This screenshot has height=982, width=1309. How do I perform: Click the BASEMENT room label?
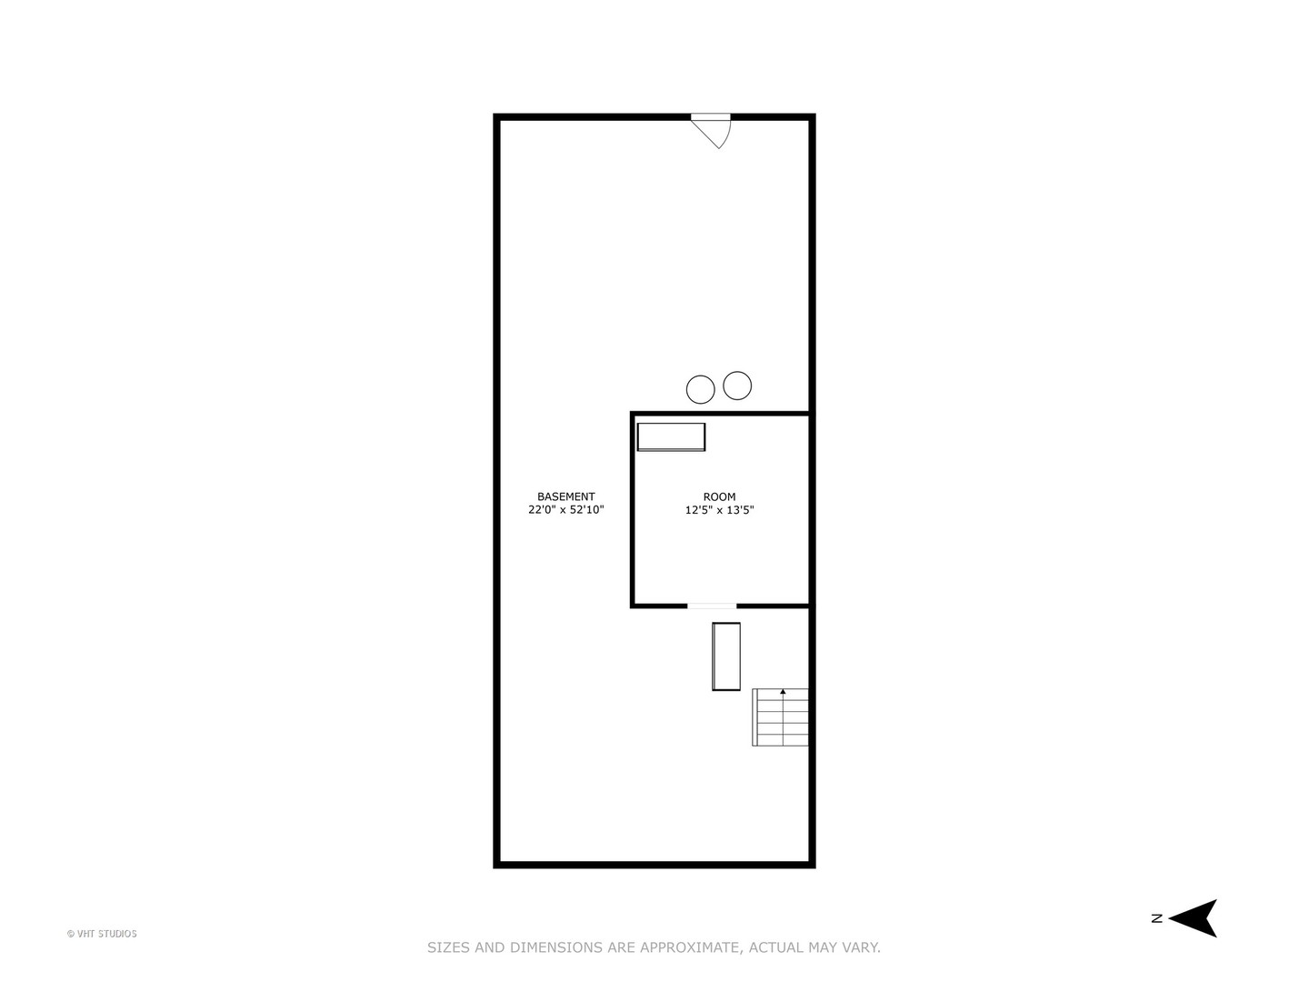click(x=565, y=496)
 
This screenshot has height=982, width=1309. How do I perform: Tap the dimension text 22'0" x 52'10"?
click(x=566, y=510)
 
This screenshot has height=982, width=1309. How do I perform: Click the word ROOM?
click(x=719, y=496)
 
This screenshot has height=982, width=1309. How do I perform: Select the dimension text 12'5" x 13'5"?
click(x=719, y=510)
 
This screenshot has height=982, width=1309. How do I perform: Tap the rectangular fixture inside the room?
click(x=671, y=437)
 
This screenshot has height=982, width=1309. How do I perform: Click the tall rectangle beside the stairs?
click(x=725, y=656)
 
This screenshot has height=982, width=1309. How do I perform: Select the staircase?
click(x=780, y=716)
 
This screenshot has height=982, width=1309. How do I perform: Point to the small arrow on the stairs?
click(x=783, y=692)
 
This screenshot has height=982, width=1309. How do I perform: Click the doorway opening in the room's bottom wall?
click(x=712, y=606)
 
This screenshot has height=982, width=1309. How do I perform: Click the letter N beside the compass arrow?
click(x=1157, y=918)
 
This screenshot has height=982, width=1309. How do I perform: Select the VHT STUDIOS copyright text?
click(x=102, y=934)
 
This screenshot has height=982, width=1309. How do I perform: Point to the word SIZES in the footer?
click(x=448, y=947)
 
